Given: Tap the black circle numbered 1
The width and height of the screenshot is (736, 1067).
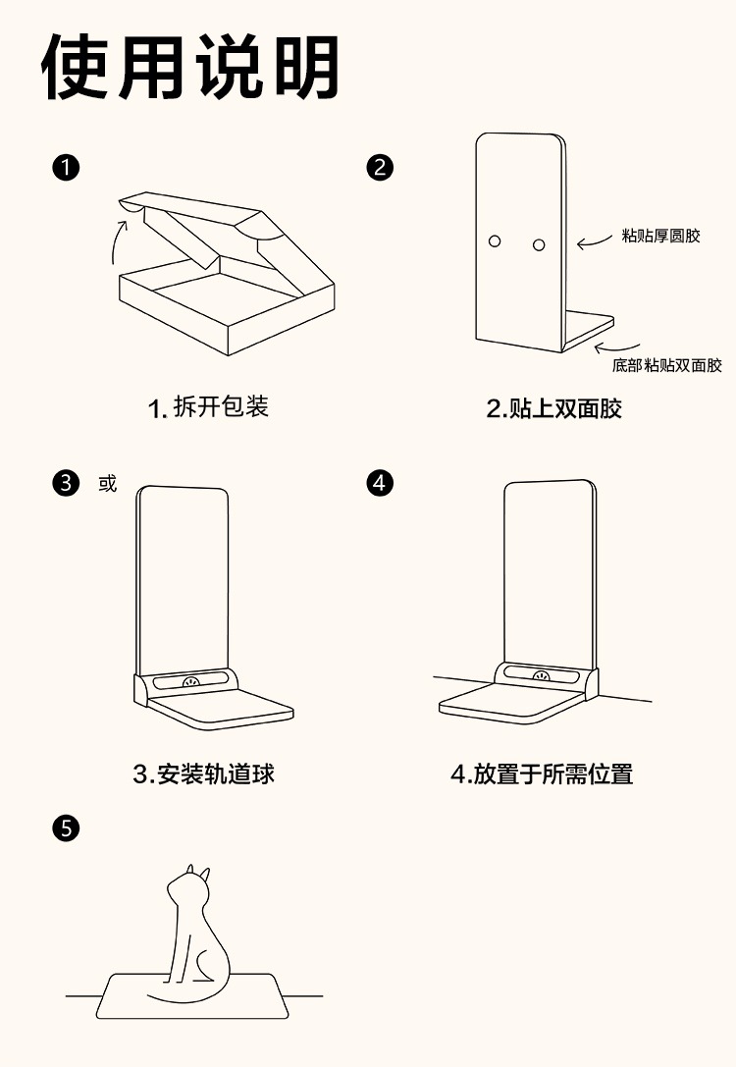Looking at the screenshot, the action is click(65, 167).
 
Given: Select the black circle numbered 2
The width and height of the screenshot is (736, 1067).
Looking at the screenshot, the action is click(380, 167).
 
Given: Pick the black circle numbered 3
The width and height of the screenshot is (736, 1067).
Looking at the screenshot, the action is click(65, 483).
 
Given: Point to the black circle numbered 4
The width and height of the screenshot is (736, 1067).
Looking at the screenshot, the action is click(380, 483).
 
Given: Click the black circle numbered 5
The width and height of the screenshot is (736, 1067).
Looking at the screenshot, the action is click(65, 828).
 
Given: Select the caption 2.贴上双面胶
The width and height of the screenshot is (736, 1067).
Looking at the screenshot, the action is click(554, 408).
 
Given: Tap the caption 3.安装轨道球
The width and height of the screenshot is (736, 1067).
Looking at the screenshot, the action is click(204, 774).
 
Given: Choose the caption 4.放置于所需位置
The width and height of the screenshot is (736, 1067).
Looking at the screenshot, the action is click(542, 774).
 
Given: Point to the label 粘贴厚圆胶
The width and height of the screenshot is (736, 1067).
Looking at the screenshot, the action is click(661, 237).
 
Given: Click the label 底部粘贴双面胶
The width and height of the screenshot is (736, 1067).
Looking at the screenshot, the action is click(667, 366).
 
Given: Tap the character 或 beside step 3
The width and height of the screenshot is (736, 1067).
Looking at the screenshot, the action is click(107, 484).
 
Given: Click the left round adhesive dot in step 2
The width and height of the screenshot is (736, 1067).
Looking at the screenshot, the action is click(495, 240).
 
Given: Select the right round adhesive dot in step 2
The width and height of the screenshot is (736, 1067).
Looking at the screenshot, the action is click(538, 242).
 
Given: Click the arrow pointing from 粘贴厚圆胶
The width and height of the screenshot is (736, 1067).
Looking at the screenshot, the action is click(595, 241).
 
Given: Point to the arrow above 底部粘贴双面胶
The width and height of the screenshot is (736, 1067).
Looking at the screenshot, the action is click(616, 345).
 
